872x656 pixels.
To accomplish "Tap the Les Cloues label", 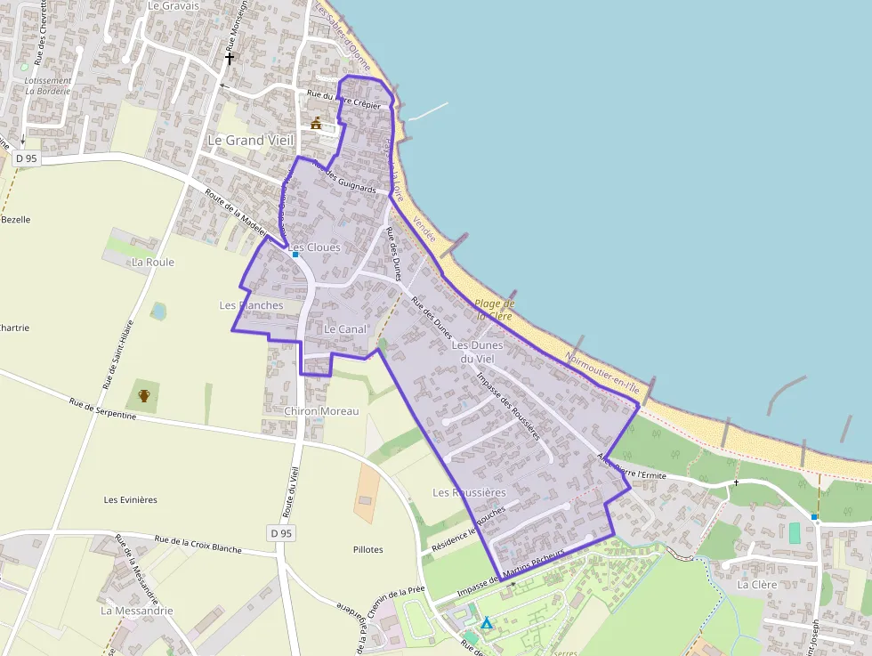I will (315, 247).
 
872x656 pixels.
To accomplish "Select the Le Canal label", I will (345, 329).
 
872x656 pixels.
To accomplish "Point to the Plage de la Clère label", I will (494, 309).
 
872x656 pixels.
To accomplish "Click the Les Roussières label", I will (469, 492).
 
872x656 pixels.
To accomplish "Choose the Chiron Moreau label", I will (321, 411).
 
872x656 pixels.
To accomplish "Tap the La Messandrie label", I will (137, 611).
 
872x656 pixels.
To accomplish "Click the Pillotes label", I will (367, 550).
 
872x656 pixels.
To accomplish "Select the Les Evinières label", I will (131, 499).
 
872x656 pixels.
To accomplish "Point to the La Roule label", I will (153, 263).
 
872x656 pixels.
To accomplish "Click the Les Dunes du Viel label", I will (478, 351).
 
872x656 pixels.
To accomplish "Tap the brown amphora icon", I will (144, 395).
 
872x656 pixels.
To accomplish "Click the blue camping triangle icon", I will (487, 623).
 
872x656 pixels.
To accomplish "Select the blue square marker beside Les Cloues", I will (295, 255).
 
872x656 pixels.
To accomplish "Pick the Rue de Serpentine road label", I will (103, 410).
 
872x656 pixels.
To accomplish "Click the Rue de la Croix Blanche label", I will (198, 544).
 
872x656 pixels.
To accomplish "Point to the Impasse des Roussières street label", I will (508, 405).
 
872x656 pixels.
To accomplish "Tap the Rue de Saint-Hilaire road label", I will (118, 354).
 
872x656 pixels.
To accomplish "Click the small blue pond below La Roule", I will (158, 312).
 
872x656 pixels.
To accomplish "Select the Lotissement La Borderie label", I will (48, 85).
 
